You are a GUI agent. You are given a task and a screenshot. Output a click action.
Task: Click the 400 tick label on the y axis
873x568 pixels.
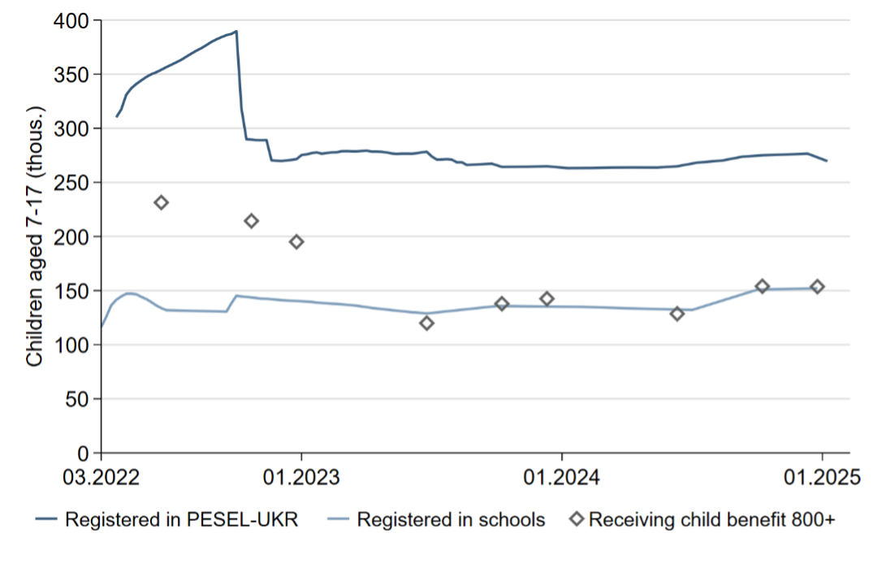tap(72, 20)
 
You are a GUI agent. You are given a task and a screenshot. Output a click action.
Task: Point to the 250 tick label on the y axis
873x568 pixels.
tap(72, 183)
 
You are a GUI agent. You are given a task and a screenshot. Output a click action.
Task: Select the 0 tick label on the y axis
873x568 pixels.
tap(83, 453)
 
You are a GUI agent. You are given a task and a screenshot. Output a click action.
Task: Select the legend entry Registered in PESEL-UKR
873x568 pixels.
tap(181, 519)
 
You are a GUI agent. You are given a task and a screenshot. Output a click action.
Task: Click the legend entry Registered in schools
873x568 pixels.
tap(451, 519)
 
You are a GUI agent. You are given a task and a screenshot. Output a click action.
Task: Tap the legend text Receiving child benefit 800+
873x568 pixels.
tap(711, 519)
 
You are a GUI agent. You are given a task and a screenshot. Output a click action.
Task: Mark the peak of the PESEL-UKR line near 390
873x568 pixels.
tap(236, 32)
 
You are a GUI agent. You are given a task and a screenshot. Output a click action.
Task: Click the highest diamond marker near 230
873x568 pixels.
tap(161, 202)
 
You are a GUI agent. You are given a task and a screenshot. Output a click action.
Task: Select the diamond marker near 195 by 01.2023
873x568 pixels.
tap(296, 241)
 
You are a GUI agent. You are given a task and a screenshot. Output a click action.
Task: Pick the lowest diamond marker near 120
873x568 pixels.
tap(427, 323)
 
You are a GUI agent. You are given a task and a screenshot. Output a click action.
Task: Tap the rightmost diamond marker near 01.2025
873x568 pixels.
tap(817, 286)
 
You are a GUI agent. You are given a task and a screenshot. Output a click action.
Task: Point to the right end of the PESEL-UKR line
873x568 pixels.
tap(827, 161)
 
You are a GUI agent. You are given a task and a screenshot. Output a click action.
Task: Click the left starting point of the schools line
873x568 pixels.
tap(102, 327)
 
